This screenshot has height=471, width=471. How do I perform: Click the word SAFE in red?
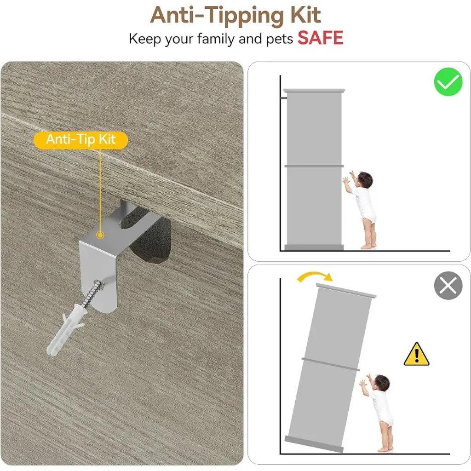320,38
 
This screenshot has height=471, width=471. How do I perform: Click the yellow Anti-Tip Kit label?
80,140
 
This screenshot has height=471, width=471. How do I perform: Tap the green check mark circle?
448,82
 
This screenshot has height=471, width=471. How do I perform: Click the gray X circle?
448,285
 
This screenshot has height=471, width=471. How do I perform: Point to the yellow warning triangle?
416,355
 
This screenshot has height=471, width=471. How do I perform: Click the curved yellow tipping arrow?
314,274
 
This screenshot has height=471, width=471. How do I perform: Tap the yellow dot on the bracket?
100,235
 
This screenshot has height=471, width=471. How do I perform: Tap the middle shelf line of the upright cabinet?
314,166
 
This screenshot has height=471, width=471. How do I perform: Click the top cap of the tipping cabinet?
346,290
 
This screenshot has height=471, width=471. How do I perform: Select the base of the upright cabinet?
314,247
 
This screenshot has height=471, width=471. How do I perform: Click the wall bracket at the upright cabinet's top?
283,98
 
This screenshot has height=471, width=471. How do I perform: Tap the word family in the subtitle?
216,40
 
